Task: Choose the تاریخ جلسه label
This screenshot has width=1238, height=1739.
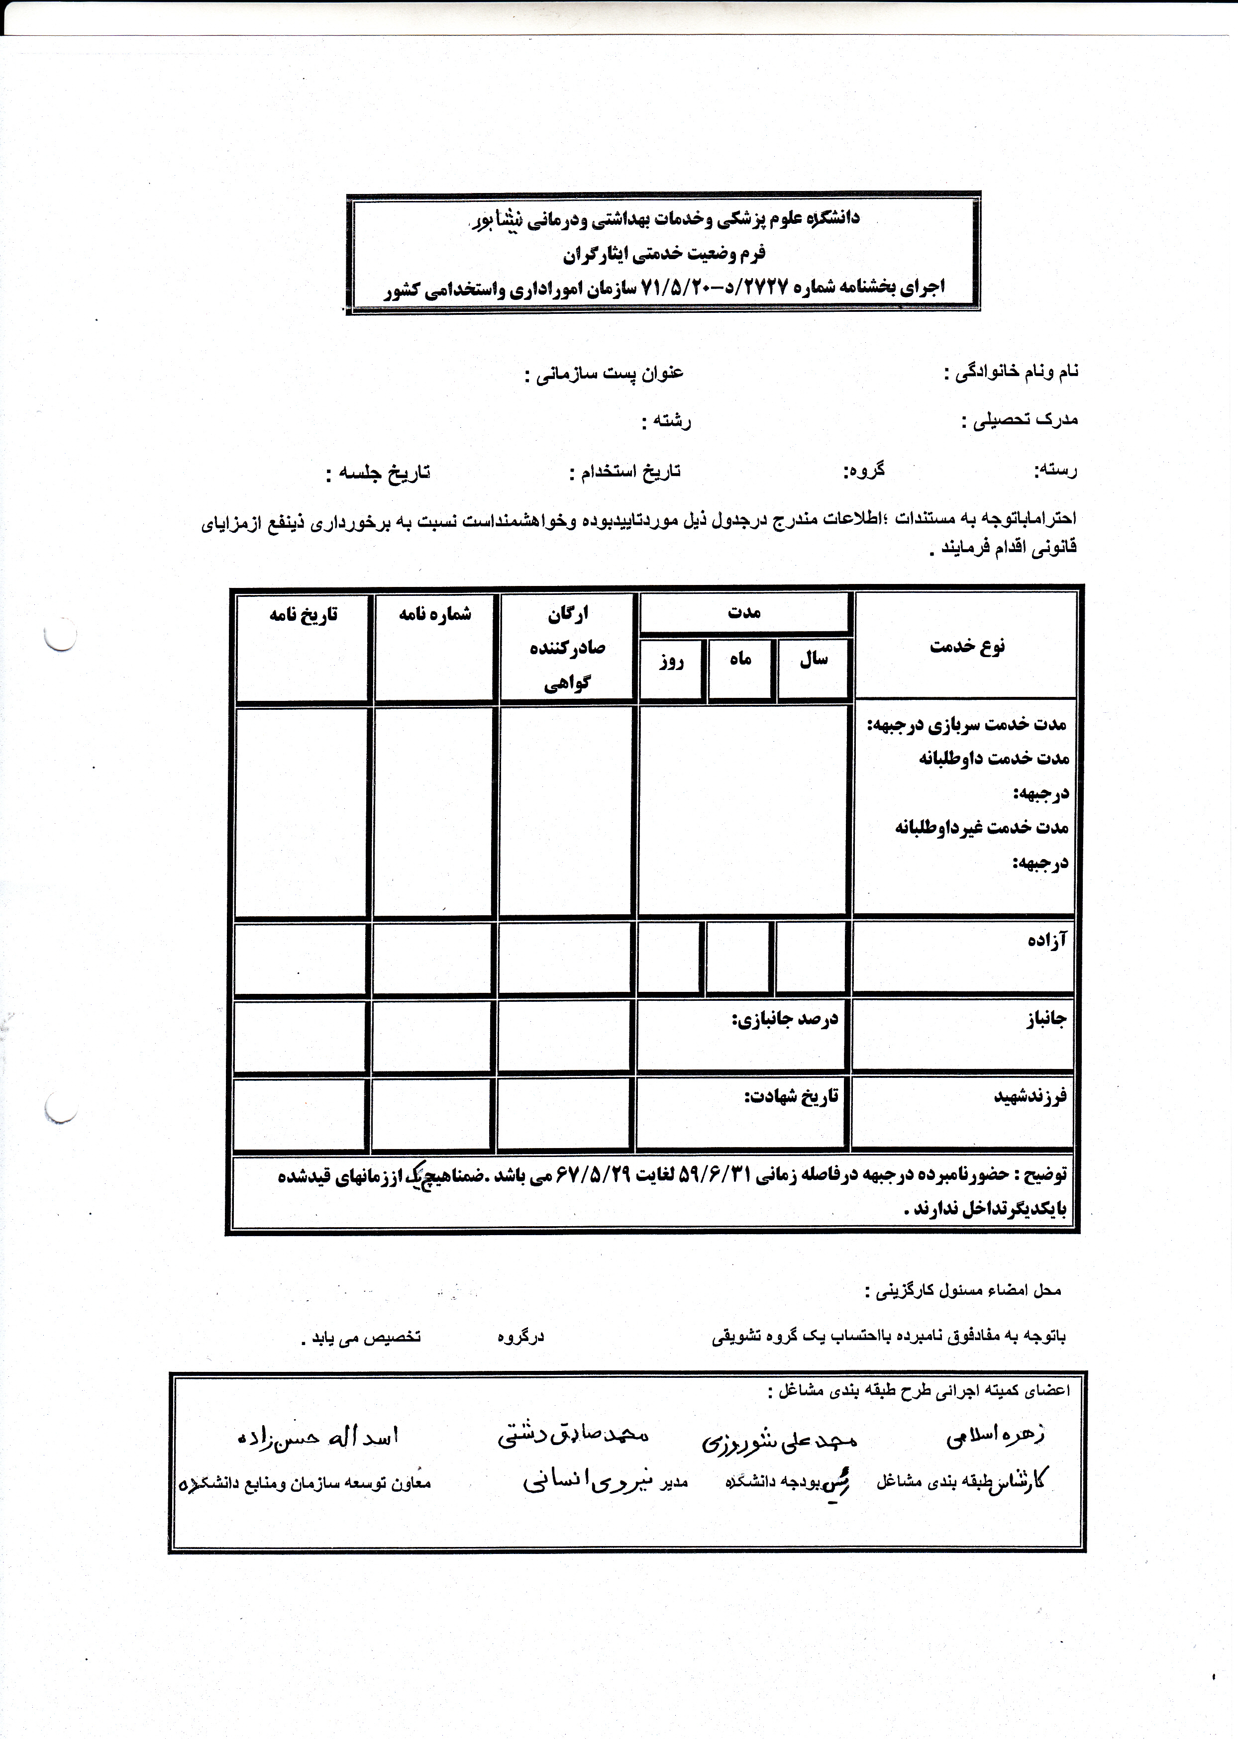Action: click(378, 473)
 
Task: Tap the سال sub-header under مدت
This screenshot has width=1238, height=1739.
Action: click(814, 659)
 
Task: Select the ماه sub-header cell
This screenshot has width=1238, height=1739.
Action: click(740, 659)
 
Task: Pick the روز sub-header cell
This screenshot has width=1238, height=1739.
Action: click(671, 660)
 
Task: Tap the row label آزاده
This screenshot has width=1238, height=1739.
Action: click(1046, 940)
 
